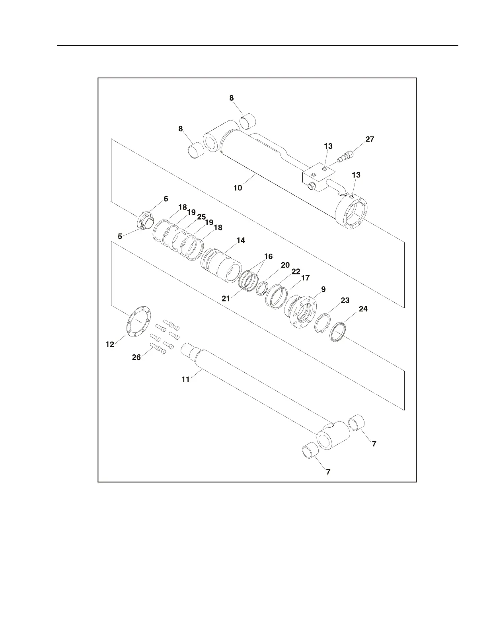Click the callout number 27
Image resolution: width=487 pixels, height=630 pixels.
(370, 140)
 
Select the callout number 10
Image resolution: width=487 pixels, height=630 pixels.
(238, 188)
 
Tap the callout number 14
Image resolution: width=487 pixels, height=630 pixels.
(240, 241)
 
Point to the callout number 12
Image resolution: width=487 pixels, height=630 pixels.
(110, 344)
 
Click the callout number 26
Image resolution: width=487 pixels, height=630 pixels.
(136, 358)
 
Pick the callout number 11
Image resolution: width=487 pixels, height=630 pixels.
(185, 379)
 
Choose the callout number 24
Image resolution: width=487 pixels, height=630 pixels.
(363, 309)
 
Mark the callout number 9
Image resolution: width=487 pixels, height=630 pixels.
(323, 290)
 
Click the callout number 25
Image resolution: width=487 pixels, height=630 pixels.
(201, 217)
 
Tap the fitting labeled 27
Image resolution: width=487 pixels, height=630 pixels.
(345, 157)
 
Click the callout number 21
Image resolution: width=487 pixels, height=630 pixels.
(226, 298)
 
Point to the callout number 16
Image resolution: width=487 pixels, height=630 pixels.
(269, 257)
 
